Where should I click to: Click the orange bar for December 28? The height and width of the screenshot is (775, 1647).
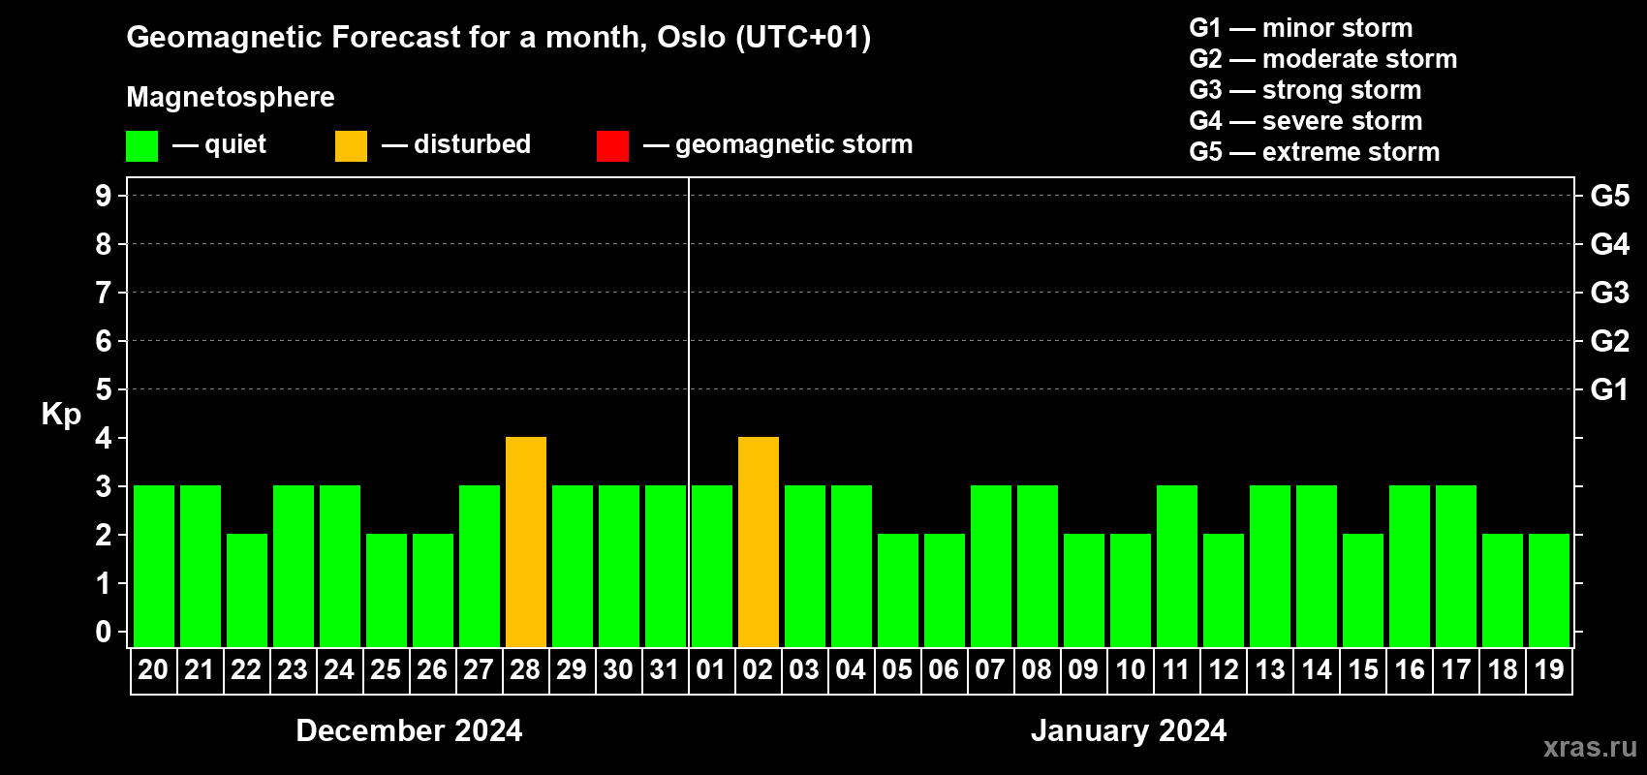click(x=526, y=542)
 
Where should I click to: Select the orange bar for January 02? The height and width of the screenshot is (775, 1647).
click(x=758, y=542)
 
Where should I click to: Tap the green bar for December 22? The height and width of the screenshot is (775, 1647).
click(x=247, y=590)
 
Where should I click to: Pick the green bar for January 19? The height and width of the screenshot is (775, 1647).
click(x=1549, y=590)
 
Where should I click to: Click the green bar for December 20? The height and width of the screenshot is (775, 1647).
click(x=154, y=566)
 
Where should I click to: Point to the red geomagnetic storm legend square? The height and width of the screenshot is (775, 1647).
click(x=612, y=145)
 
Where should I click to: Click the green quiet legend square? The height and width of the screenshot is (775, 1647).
click(x=141, y=145)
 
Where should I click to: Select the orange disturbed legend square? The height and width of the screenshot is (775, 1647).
click(x=351, y=145)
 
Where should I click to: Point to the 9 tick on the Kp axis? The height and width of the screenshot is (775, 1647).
click(x=103, y=196)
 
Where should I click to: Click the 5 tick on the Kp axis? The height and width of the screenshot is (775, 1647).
click(x=103, y=389)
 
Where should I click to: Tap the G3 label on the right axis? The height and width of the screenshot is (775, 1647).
click(x=1609, y=293)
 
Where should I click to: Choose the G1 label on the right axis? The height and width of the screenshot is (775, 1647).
click(x=1609, y=389)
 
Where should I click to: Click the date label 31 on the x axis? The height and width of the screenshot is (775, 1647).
click(x=665, y=669)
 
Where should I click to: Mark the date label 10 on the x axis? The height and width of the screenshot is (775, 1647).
click(x=1130, y=669)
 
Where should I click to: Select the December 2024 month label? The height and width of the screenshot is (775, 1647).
click(x=409, y=730)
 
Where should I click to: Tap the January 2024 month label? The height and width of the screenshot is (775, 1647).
click(x=1129, y=730)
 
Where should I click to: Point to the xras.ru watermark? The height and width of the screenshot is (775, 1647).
click(x=1591, y=748)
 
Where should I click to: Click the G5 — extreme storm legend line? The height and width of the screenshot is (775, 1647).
click(x=1314, y=152)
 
